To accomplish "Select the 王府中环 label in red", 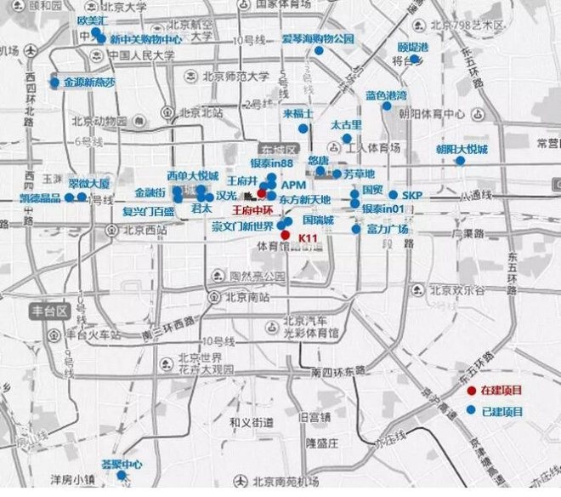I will coord(252,209).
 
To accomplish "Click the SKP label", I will coord(412,195).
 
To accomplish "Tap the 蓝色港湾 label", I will coord(386,95).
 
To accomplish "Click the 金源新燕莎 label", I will coord(88,83).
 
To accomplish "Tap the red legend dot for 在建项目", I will coord(472,391).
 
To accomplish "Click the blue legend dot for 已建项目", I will coord(472,412).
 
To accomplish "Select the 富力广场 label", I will coord(388,229).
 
